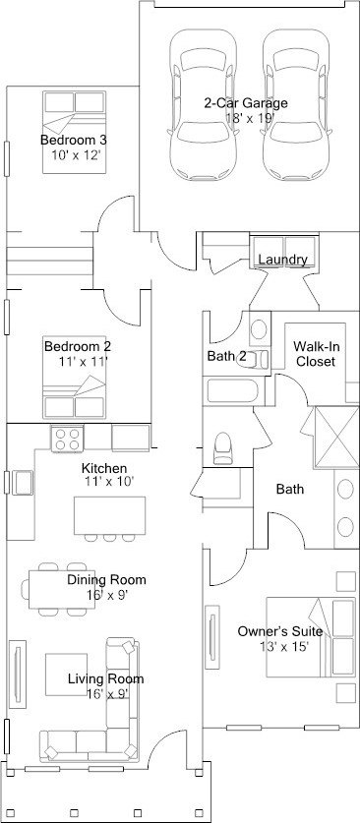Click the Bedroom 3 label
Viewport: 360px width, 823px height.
point(74,141)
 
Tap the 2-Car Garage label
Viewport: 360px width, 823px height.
point(246,103)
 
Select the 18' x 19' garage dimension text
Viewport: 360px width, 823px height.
point(250,118)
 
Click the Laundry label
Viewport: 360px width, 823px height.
point(283,260)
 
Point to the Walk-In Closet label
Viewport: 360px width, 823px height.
point(315,354)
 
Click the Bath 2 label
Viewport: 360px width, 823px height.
point(226,356)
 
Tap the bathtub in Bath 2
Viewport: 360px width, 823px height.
point(232,391)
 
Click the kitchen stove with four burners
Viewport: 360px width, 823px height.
point(67,439)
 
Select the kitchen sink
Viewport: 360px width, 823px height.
point(23,483)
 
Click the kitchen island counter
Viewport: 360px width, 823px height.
point(110,515)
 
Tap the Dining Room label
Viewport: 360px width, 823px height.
point(106,580)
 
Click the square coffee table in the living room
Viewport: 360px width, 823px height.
point(66,675)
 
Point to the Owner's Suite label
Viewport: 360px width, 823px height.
point(280,631)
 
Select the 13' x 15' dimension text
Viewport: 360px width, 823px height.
point(284,647)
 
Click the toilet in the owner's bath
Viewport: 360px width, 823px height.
point(222,447)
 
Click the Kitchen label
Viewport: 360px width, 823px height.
point(104,468)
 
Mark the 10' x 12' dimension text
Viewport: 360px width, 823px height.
point(76,155)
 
